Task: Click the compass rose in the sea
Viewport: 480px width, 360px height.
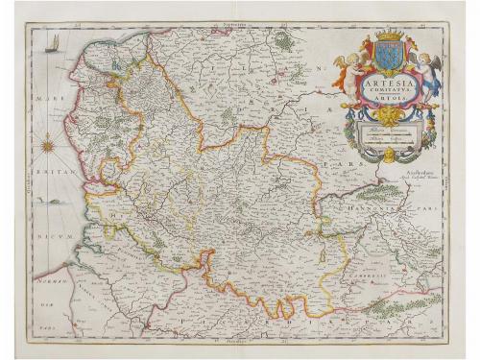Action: pyautogui.click(x=44, y=147)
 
